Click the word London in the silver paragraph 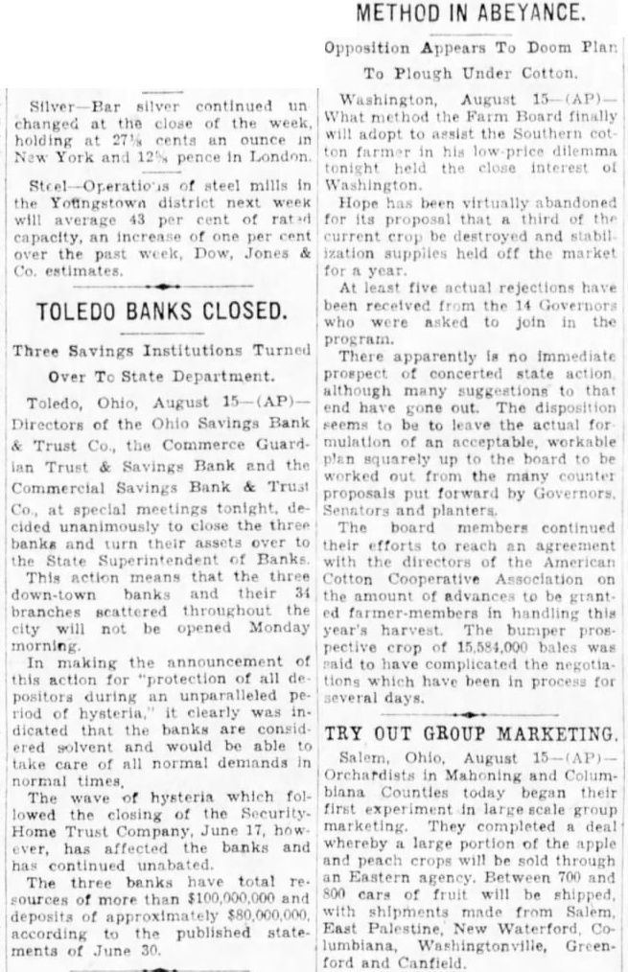(x=281, y=156)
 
